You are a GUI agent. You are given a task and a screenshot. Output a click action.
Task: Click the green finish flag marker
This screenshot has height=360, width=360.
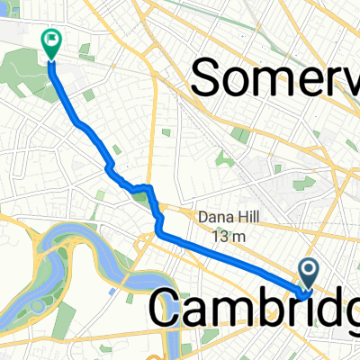pos(49,40)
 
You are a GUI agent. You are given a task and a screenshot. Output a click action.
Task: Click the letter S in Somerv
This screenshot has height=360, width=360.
pos(210,78)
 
